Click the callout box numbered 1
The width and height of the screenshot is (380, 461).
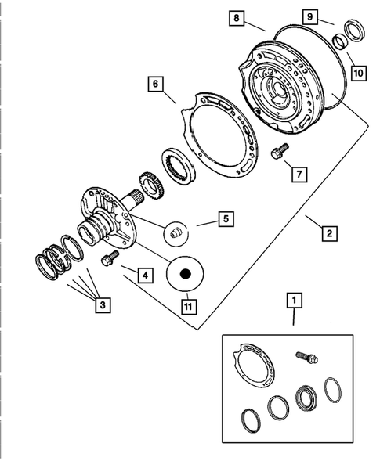pyautogui.click(x=294, y=299)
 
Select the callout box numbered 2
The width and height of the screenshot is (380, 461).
pyautogui.click(x=328, y=232)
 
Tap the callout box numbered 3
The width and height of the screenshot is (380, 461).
pyautogui.click(x=101, y=306)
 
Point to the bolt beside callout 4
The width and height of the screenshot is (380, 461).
pyautogui.click(x=109, y=258)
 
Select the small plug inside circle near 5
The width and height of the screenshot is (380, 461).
pyautogui.click(x=176, y=231)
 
